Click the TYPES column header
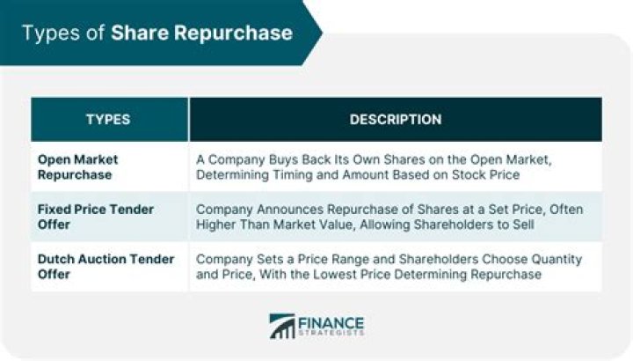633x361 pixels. [x=109, y=119]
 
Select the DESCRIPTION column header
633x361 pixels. [x=396, y=119]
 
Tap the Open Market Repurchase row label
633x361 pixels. [x=77, y=167]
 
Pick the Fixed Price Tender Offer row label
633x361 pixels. [x=95, y=217]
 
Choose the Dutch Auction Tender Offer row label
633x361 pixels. [x=106, y=267]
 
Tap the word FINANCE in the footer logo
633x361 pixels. [x=331, y=321]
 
